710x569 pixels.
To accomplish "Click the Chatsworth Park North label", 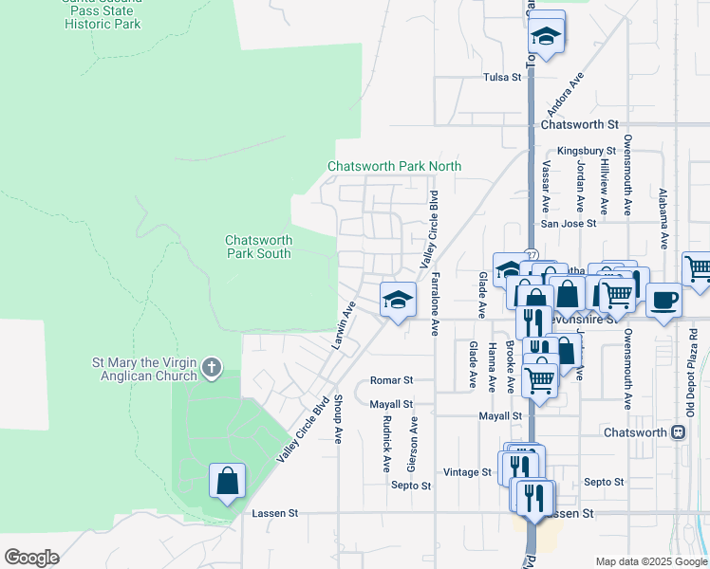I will coord(394,166).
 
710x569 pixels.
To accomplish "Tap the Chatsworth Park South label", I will coord(258,247).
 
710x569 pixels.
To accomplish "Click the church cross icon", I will coord(212,366).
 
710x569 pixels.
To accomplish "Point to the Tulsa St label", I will coord(502,77).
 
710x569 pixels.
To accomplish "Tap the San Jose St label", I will coord(568,224).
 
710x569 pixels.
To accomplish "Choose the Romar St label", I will coord(391,379).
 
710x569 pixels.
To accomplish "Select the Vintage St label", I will coord(467,471).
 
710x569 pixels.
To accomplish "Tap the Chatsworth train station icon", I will coord(678,432).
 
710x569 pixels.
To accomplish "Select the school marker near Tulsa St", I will coord(546,36).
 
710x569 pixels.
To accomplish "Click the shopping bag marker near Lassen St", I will coord(228,481).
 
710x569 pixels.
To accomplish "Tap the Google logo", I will coord(31,558).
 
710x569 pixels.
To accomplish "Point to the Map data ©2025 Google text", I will coord(650,561).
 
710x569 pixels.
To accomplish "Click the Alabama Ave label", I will coord(663,219).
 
